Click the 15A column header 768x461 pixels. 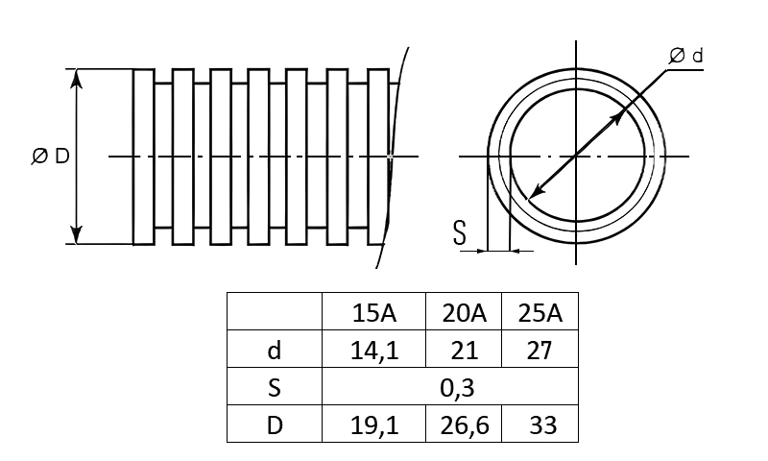[x=373, y=312]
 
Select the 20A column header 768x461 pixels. [x=464, y=312]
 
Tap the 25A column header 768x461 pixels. [x=540, y=312]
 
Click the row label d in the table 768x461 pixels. [x=275, y=350]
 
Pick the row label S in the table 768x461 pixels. [x=275, y=387]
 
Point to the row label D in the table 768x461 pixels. [x=275, y=425]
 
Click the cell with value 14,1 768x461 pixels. [x=373, y=350]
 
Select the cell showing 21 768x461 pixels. [x=464, y=350]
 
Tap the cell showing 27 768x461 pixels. [x=540, y=350]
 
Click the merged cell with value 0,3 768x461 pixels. [x=450, y=387]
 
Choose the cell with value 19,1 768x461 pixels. [x=373, y=425]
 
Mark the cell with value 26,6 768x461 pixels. [x=464, y=425]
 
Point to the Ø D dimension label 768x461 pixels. [x=51, y=157]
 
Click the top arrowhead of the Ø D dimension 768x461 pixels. [x=77, y=78]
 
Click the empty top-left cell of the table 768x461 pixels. [x=275, y=312]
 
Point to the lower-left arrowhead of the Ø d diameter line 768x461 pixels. [x=534, y=195]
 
